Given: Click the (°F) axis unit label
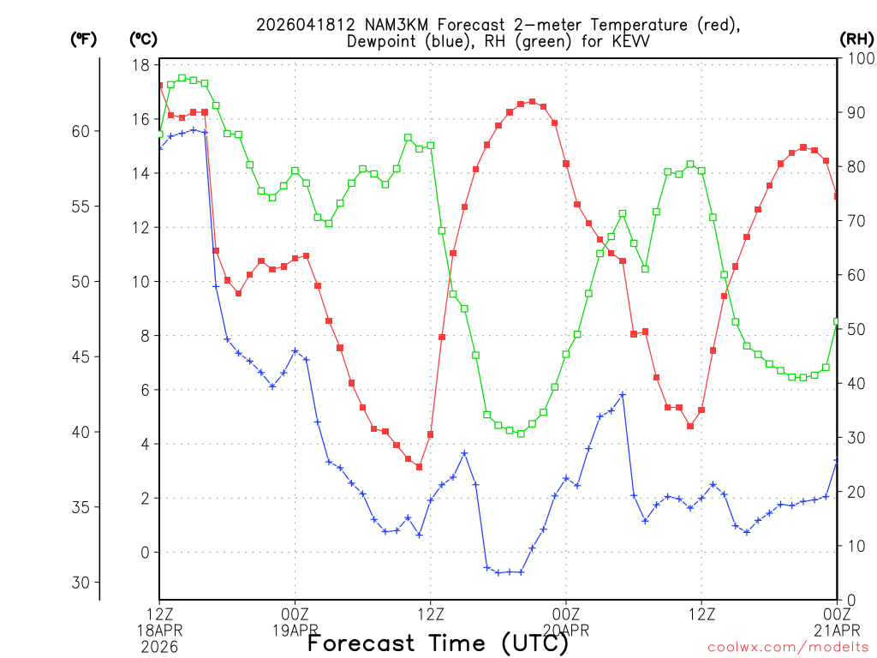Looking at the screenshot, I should tap(84, 39).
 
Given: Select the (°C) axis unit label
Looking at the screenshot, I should tap(143, 39).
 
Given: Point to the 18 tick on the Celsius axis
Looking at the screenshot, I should tap(142, 65).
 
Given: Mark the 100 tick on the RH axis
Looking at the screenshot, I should tap(856, 58).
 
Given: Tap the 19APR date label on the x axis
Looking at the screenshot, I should tap(295, 630).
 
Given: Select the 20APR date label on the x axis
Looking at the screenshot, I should tap(566, 630).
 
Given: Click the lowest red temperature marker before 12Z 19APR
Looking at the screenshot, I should tap(419, 467).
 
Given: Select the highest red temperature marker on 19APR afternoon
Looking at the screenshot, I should tap(533, 102).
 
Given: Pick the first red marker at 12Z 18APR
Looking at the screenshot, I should tap(160, 86).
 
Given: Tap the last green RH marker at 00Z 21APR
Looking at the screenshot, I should tap(837, 322).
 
